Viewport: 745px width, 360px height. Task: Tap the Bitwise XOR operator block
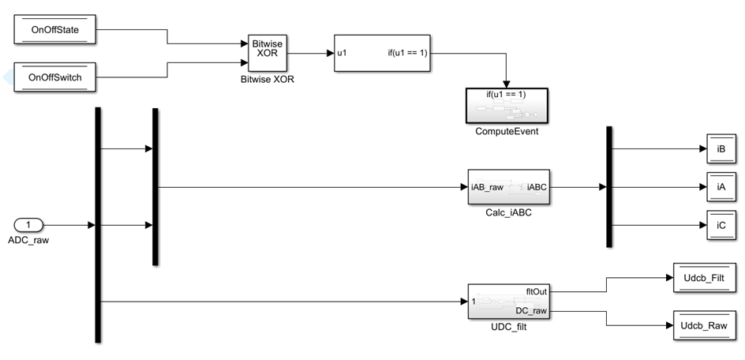click(x=267, y=54)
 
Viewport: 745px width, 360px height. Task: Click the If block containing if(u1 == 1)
click(x=383, y=54)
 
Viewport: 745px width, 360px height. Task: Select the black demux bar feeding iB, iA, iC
click(x=609, y=187)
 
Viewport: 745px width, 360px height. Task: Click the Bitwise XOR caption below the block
click(x=267, y=80)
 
